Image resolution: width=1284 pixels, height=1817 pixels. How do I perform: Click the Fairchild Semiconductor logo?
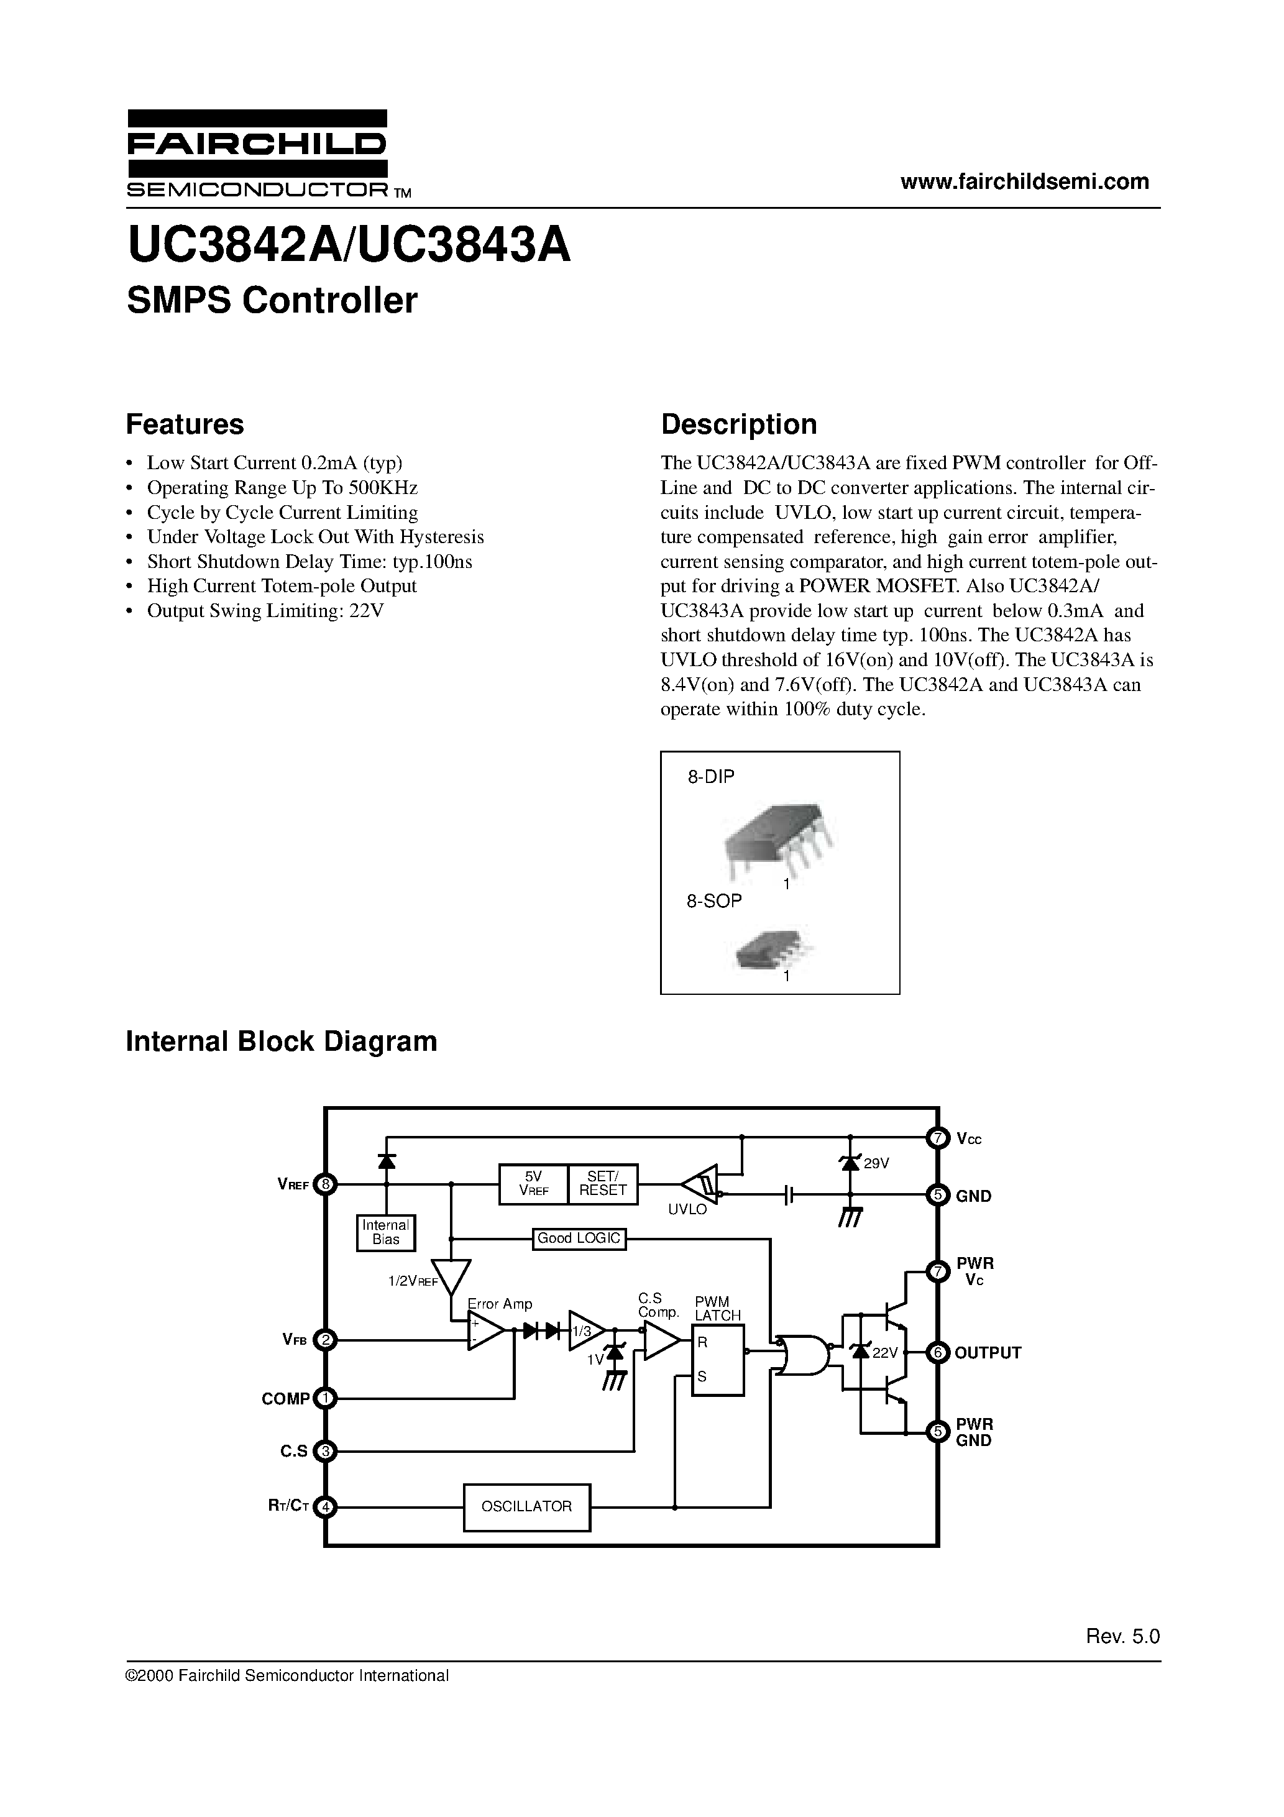pyautogui.click(x=257, y=153)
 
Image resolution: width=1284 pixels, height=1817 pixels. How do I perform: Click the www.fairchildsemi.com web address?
pyautogui.click(x=1024, y=181)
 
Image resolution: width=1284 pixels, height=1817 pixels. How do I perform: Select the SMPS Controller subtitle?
pyautogui.click(x=272, y=301)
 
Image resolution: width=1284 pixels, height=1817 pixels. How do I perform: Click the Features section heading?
pyautogui.click(x=185, y=425)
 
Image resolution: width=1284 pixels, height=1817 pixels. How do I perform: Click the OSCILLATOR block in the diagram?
pyautogui.click(x=526, y=1507)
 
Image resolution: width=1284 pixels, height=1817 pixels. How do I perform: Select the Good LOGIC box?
pyautogui.click(x=579, y=1238)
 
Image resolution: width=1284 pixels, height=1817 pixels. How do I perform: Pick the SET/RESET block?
pyautogui.click(x=602, y=1184)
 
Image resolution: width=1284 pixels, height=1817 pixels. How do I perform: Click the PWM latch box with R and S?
pyautogui.click(x=717, y=1360)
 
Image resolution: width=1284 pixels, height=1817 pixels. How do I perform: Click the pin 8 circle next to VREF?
pyautogui.click(x=324, y=1184)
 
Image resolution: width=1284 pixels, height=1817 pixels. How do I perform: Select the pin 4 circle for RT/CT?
pyautogui.click(x=324, y=1507)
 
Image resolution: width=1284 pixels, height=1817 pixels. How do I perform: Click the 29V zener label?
pyautogui.click(x=876, y=1163)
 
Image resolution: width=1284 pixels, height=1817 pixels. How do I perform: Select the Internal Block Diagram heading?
pyautogui.click(x=281, y=1041)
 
